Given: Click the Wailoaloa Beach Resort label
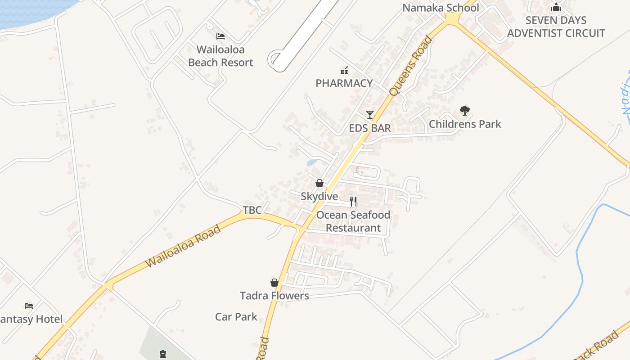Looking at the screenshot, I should point(220,56).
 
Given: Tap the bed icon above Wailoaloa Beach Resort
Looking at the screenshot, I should point(220,36).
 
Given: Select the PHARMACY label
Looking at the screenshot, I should point(344,83).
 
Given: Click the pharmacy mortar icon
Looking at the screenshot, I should point(344,70).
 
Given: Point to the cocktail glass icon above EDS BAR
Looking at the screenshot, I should point(370,115).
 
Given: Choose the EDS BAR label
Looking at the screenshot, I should point(370,128).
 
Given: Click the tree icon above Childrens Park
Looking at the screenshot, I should point(465,110).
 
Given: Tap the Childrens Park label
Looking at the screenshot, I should point(465,124).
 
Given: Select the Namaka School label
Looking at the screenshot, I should point(441,8).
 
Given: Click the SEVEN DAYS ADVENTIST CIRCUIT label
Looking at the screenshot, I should point(556,27).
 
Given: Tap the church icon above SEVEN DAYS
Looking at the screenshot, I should point(556,8).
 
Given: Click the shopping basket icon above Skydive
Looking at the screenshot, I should point(319,183).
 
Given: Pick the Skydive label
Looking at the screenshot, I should point(319,197).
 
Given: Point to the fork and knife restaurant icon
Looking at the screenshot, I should point(353,201).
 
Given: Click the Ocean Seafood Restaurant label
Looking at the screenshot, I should point(353,221).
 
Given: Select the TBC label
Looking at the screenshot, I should point(252,210).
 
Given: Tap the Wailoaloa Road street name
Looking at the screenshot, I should point(184,246).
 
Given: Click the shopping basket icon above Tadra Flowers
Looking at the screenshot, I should point(274,283).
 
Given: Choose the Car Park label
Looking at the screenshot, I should point(236,317).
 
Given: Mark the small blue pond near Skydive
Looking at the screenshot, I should point(311,162).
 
